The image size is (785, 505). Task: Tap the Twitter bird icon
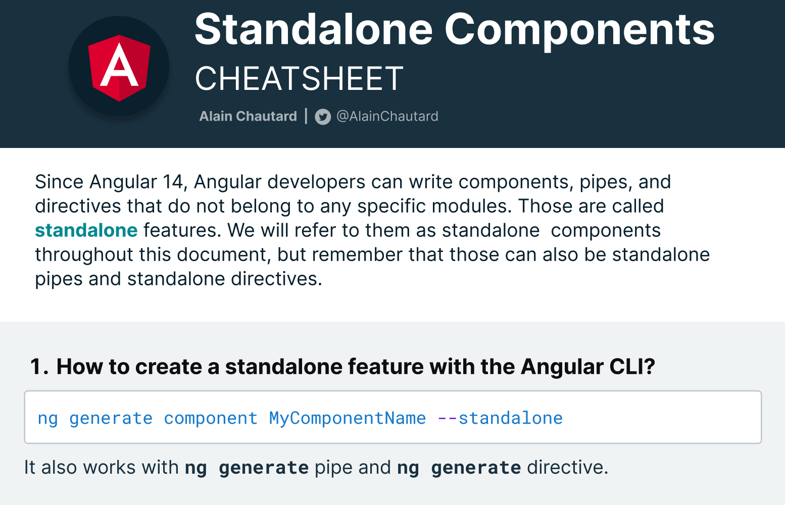click(x=323, y=117)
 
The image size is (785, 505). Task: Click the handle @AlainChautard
click(x=387, y=116)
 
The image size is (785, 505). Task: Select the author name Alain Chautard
click(x=248, y=116)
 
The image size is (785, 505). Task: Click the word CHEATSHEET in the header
click(x=299, y=78)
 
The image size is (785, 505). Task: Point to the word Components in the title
click(x=579, y=31)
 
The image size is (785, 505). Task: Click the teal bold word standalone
click(x=86, y=230)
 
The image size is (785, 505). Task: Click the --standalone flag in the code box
click(x=500, y=418)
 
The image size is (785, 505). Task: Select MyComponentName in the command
click(x=348, y=419)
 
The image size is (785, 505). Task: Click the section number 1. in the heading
click(x=39, y=367)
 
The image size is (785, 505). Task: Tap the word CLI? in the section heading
click(x=632, y=367)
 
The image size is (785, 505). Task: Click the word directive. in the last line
click(x=567, y=467)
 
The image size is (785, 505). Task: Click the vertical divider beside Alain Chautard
click(x=306, y=116)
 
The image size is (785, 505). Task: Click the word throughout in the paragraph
click(x=84, y=255)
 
